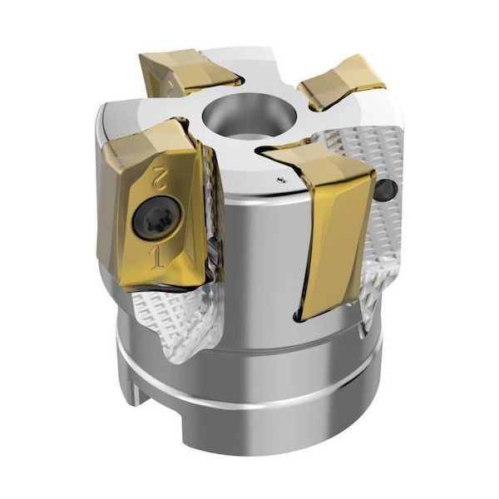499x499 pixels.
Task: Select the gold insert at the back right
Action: [342, 82]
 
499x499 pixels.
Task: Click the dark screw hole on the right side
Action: [386, 190]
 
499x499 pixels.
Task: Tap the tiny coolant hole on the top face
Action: [280, 180]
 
